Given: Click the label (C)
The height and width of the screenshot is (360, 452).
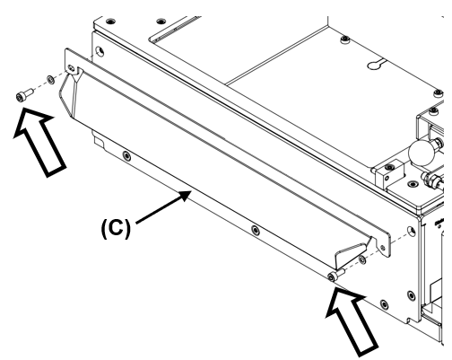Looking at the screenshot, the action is (117, 228).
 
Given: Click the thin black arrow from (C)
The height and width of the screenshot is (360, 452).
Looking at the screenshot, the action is (163, 207).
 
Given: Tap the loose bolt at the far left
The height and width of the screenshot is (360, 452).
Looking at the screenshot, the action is (24, 93).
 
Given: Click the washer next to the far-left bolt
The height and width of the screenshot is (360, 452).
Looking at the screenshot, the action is (50, 80).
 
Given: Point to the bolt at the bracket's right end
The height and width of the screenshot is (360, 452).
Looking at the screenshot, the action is (336, 275).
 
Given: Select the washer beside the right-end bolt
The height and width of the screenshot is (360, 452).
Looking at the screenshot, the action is (362, 259).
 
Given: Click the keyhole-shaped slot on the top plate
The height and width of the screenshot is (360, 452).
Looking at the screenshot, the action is (376, 65).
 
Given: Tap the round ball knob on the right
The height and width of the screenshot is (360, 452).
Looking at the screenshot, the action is (422, 153).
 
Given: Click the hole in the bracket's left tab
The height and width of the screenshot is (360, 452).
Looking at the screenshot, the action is (71, 68).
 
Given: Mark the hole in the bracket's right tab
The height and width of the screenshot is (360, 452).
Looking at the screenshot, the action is (383, 248).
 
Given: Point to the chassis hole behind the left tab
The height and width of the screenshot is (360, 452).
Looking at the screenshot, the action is (100, 51).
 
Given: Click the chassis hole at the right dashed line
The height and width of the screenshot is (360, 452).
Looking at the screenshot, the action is (412, 231).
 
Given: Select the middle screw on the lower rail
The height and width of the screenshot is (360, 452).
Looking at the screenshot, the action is (255, 230).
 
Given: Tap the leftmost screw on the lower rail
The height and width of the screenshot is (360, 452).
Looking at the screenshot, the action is (126, 155).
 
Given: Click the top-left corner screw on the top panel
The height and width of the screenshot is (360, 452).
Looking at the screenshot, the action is (110, 22).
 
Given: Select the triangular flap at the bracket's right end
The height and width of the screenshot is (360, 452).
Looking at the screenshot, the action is (352, 253).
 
